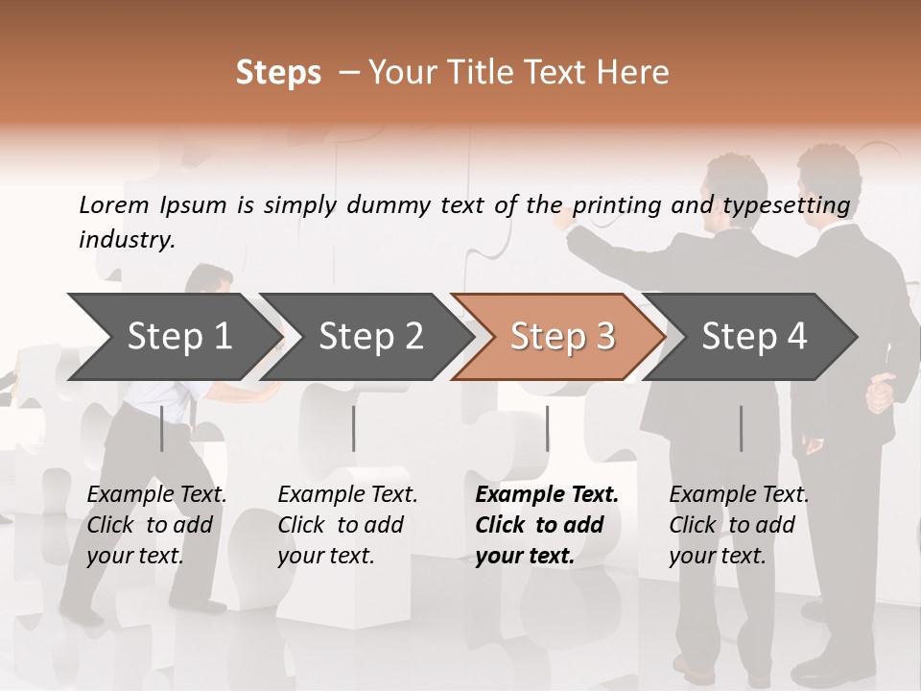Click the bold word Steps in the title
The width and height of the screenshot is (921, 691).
[278, 72]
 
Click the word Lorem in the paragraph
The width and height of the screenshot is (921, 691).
[114, 205]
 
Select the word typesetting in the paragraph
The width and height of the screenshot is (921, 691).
[786, 205]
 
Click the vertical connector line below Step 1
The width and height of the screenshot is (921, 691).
[162, 428]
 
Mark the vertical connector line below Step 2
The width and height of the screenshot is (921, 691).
[354, 428]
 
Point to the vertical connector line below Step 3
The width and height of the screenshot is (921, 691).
[547, 428]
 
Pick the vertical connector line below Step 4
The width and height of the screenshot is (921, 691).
[741, 428]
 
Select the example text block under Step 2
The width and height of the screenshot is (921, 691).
[346, 525]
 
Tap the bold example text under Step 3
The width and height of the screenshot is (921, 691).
[546, 525]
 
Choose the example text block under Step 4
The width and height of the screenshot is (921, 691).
[738, 525]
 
